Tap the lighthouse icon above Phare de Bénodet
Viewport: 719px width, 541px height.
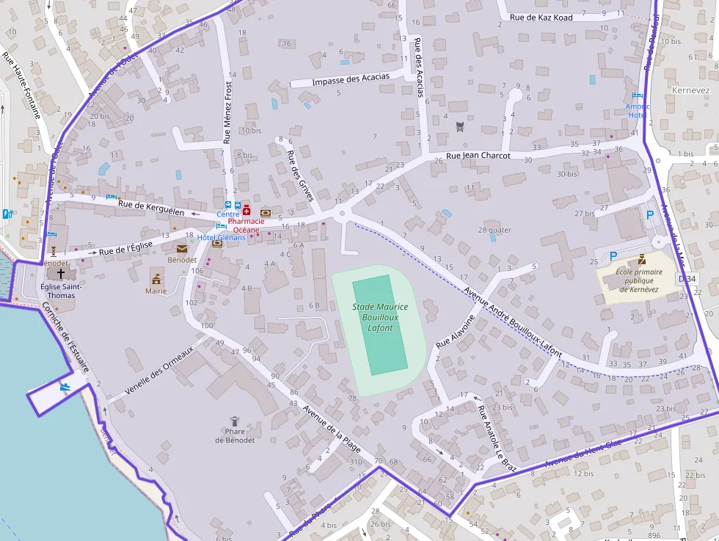pyautogui.click(x=235, y=421)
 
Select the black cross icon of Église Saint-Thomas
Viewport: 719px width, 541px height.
pyautogui.click(x=61, y=272)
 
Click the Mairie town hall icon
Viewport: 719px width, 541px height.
pyautogui.click(x=156, y=277)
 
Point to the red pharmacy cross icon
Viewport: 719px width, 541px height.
pyautogui.click(x=247, y=211)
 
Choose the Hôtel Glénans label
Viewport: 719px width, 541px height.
pyautogui.click(x=222, y=237)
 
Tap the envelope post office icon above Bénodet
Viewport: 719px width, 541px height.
pyautogui.click(x=181, y=248)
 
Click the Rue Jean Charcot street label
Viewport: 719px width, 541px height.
pyautogui.click(x=478, y=156)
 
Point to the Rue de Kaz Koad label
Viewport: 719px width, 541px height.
pyautogui.click(x=541, y=17)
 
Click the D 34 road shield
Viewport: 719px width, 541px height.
pyautogui.click(x=687, y=279)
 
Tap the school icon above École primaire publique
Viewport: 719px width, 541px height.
pyautogui.click(x=642, y=259)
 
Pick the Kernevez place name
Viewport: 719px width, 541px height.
pyautogui.click(x=690, y=90)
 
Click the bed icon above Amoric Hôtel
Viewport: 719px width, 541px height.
pyautogui.click(x=637, y=96)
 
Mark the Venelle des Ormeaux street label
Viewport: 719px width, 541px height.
pyautogui.click(x=158, y=371)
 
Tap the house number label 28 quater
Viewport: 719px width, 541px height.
pyautogui.click(x=494, y=230)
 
